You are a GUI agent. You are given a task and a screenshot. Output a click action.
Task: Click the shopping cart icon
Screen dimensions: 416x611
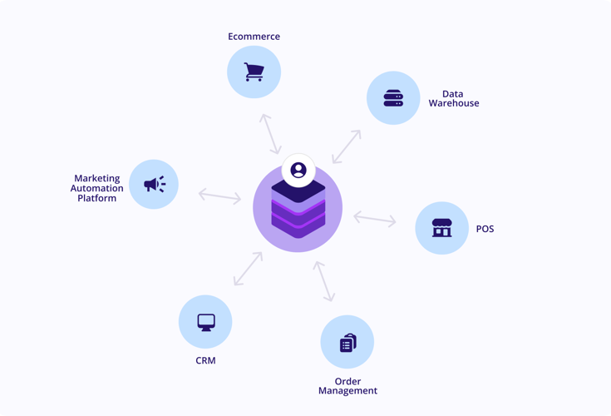tap(254, 72)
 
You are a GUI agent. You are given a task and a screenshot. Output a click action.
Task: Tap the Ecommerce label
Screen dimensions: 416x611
tap(254, 37)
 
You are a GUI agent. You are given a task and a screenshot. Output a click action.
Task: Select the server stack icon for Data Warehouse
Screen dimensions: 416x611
tap(393, 99)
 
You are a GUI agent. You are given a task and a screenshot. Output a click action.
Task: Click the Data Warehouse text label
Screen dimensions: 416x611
tap(453, 99)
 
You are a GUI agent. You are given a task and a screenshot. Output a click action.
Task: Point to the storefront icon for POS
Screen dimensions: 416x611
tap(441, 228)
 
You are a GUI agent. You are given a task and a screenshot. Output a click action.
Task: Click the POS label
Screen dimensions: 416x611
tap(485, 229)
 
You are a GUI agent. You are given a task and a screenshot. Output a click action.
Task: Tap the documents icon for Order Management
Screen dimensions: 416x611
tap(347, 343)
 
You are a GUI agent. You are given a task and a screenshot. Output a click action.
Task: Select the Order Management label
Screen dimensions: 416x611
tap(347, 386)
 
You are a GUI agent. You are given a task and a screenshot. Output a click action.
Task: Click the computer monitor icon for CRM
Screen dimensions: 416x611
tap(206, 322)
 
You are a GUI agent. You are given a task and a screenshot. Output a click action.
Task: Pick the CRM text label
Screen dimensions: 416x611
tap(205, 361)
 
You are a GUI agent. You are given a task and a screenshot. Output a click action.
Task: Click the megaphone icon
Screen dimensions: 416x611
tap(155, 184)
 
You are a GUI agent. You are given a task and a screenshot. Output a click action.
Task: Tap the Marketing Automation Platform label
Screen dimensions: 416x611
tap(97, 188)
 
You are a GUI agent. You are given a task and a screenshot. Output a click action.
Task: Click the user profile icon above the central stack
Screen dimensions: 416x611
tap(298, 171)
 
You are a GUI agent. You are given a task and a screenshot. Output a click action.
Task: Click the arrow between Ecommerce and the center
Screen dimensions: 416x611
tap(269, 134)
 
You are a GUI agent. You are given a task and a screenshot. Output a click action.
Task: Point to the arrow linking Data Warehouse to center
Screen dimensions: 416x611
tap(347, 146)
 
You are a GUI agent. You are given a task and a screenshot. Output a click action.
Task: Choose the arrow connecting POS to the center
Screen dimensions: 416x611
tap(375, 220)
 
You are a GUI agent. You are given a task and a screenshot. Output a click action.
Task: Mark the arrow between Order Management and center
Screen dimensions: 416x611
tap(323, 281)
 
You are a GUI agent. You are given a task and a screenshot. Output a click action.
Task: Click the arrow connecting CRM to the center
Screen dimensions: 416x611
tap(248, 269)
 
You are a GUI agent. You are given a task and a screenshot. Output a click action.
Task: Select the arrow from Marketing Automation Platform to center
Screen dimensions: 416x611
tap(219, 196)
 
